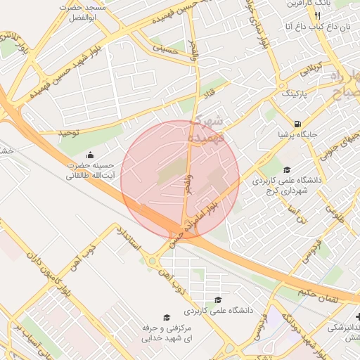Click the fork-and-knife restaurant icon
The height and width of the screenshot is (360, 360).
pos(318,15)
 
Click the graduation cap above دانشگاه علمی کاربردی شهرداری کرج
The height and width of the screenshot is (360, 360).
pos(287,170)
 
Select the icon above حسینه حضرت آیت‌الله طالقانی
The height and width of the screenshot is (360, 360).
pos(89,155)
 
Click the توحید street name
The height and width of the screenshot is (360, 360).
pos(51,131)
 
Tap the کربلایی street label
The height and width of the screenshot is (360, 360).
pos(311,70)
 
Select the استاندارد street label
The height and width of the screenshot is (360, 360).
pos(131,239)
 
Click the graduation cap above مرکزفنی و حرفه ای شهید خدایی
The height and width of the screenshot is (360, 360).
pos(167,318)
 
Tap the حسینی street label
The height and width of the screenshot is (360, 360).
pos(167,51)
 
